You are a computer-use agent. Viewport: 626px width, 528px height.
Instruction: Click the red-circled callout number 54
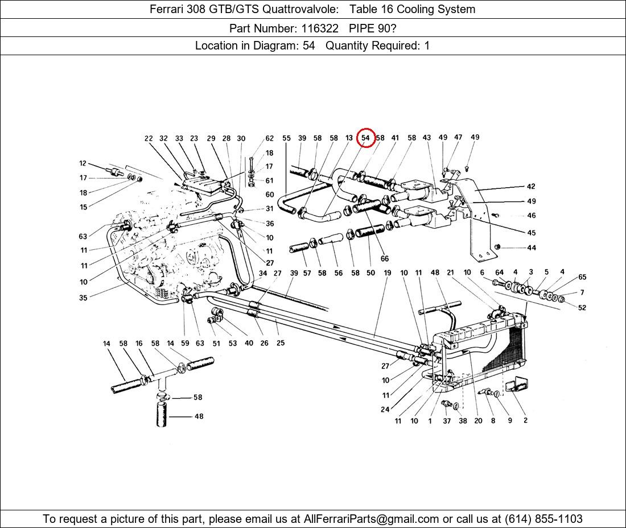pos(366,138)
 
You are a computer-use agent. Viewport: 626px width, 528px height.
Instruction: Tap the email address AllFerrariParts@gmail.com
pos(372,519)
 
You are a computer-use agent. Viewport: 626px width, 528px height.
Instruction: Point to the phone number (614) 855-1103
pos(542,519)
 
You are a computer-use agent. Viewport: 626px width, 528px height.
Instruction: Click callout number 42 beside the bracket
pos(531,187)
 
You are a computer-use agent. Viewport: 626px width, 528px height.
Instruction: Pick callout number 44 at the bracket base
pos(531,247)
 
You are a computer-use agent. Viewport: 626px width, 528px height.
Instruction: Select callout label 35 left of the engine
pos(84,298)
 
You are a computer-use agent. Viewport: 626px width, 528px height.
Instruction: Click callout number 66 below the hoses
pos(385,259)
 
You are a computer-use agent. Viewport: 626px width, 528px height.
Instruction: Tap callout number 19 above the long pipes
pos(387,273)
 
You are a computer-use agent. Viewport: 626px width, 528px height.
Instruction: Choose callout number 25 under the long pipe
pos(280,343)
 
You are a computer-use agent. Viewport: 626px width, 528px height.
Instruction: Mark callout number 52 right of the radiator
pos(582,308)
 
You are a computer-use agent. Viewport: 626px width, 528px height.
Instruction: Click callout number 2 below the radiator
pos(525,421)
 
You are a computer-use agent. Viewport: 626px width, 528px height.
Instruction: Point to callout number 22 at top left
pos(149,138)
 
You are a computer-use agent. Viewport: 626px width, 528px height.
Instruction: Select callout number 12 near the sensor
pos(83,164)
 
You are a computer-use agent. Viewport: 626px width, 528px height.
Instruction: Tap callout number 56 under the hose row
pos(339,273)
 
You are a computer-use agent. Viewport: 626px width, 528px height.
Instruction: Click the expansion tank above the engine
pos(201,184)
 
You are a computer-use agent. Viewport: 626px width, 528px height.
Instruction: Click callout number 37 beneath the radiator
pos(447,421)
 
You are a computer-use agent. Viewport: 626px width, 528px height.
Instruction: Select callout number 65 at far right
pos(582,277)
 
